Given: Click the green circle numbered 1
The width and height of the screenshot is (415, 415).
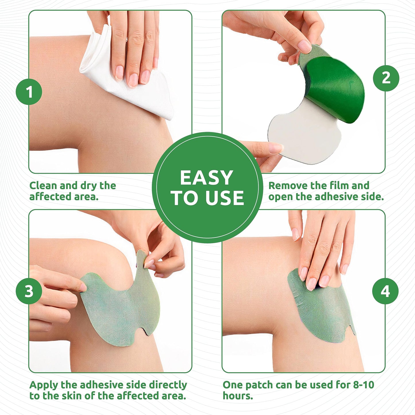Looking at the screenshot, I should point(29,92).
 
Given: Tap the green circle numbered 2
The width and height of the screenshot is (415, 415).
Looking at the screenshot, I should point(386,78).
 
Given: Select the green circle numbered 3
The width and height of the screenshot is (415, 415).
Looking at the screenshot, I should point(29,291).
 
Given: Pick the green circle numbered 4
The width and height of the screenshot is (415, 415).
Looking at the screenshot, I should point(385,291).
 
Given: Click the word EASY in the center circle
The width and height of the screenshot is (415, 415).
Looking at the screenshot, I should point(206,178).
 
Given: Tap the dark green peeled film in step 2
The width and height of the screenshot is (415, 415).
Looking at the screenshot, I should point(336,89).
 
